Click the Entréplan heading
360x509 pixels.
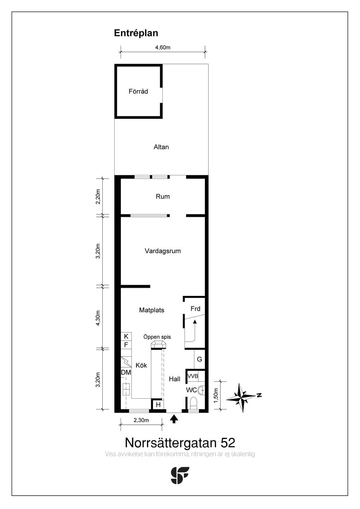click(136, 33)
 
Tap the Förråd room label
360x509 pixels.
click(138, 91)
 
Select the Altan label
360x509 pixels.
click(161, 147)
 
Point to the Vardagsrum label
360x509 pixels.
click(163, 251)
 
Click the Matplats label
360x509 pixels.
click(152, 310)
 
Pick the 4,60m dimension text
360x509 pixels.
click(163, 47)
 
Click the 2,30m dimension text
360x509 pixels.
click(141, 420)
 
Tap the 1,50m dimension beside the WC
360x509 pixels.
click(216, 395)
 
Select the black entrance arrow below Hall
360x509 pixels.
click(174, 419)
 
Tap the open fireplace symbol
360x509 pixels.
click(159, 344)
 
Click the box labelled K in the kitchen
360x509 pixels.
click(126, 336)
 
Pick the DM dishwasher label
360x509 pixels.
click(126, 372)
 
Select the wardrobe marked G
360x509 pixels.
click(199, 359)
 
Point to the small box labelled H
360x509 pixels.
click(159, 405)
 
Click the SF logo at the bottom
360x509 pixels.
click(180, 476)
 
